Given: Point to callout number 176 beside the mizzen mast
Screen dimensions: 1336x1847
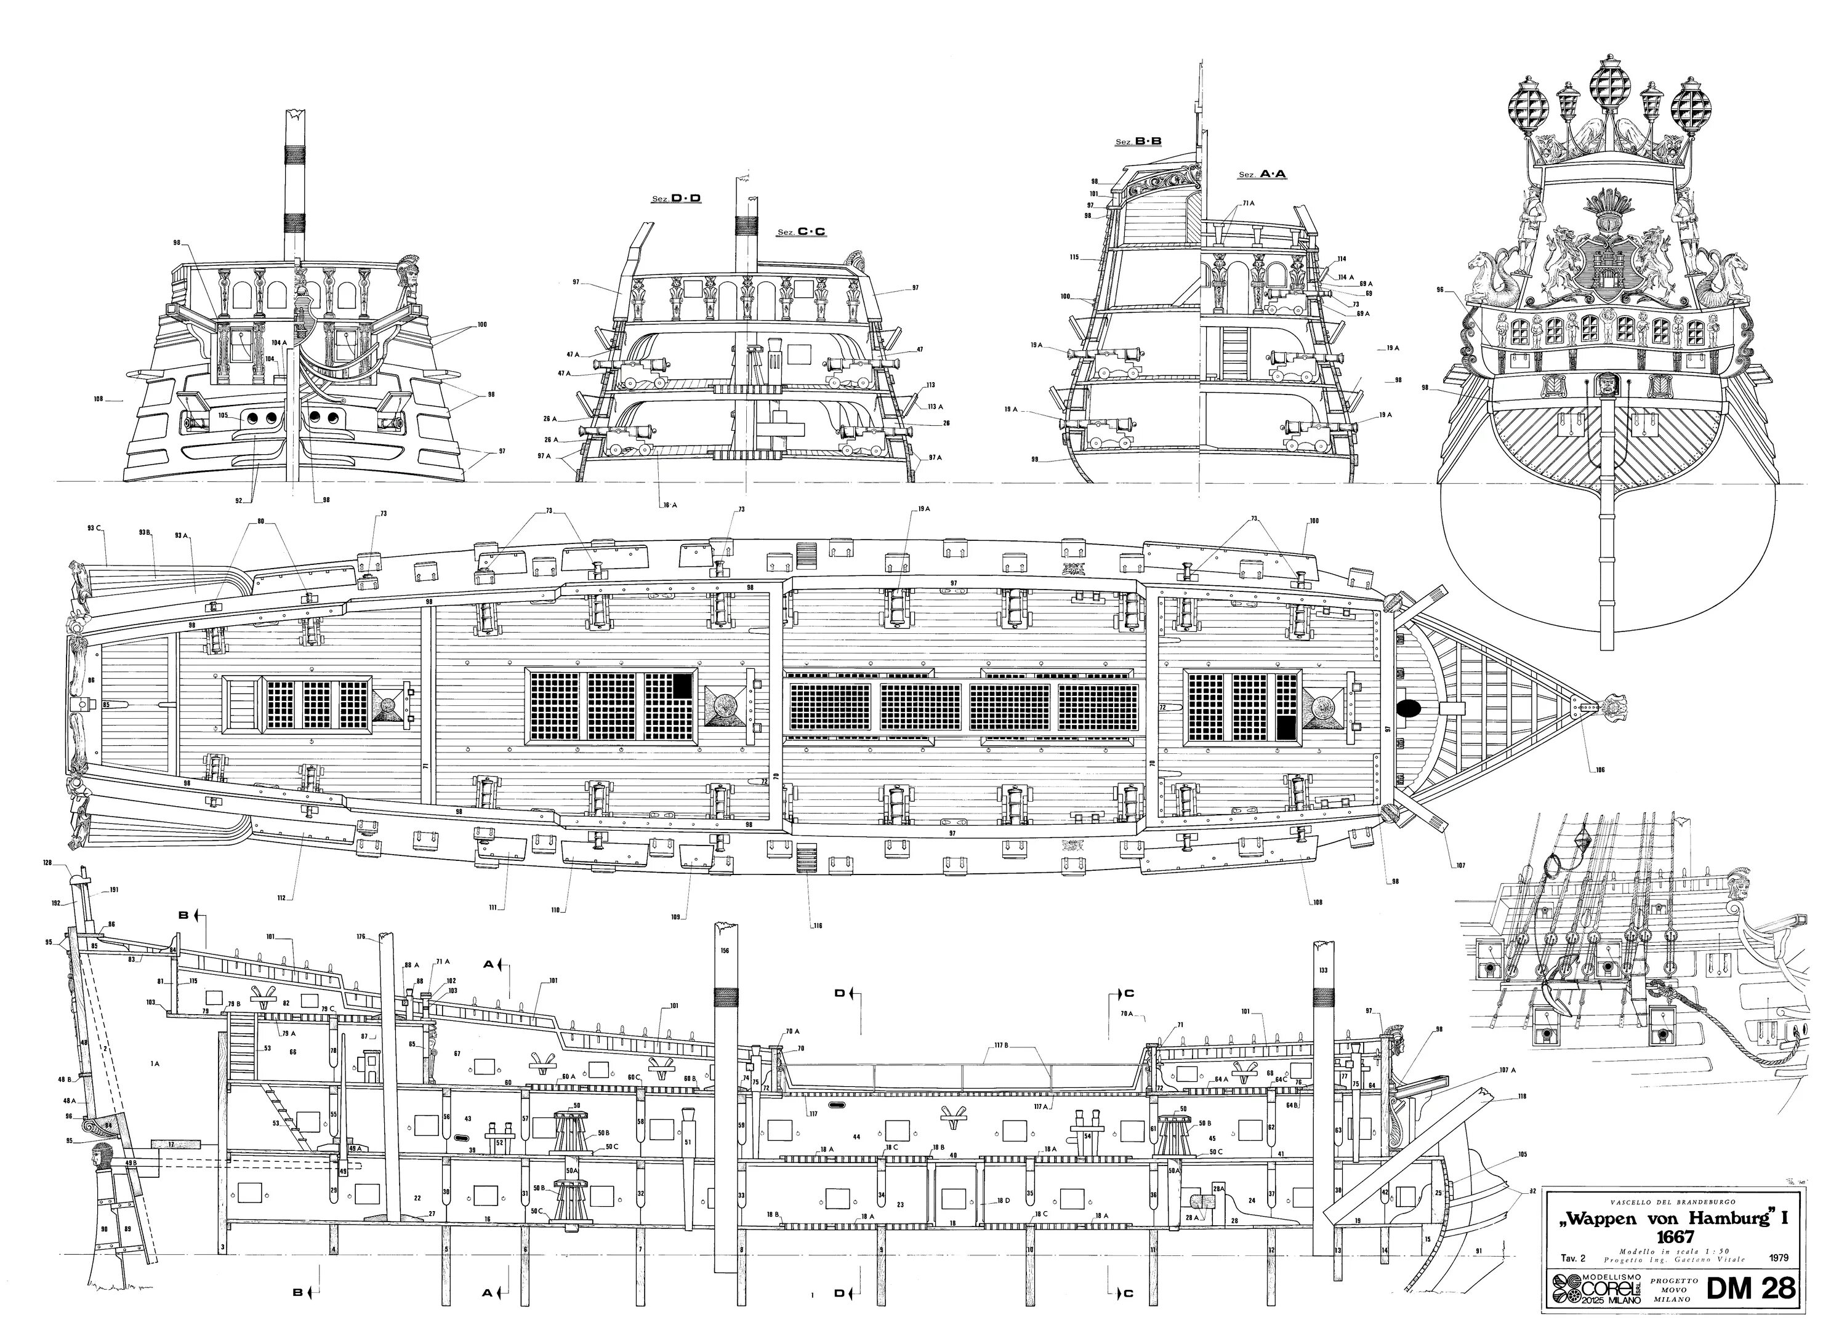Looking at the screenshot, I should [360, 936].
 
